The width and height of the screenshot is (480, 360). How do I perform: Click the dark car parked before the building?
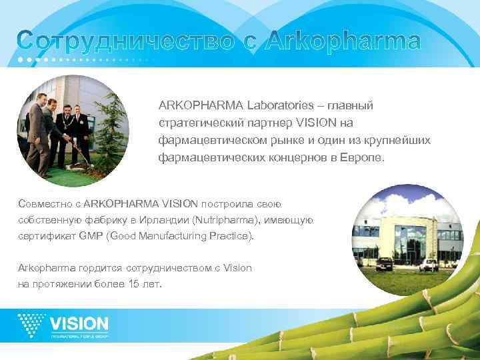[385, 264]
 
